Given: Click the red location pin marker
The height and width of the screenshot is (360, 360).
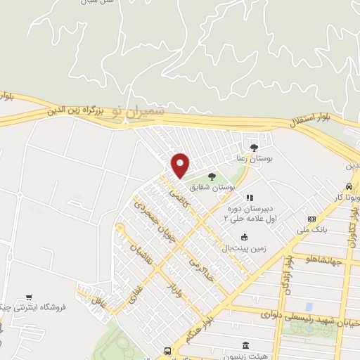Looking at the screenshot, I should pos(181,165).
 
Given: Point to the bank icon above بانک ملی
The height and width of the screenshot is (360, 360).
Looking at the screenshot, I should pos(312,219).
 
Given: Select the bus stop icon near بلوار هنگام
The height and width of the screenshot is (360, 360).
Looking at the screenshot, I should pos(167,351).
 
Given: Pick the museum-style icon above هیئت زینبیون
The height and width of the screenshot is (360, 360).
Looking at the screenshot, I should pos(245,345).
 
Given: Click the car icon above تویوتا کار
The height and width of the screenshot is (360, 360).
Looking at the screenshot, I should pos(349,188).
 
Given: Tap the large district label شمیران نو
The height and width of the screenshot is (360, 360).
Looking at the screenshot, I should pos(141,112).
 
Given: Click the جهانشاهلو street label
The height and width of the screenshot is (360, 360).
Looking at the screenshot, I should pos(324,262).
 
